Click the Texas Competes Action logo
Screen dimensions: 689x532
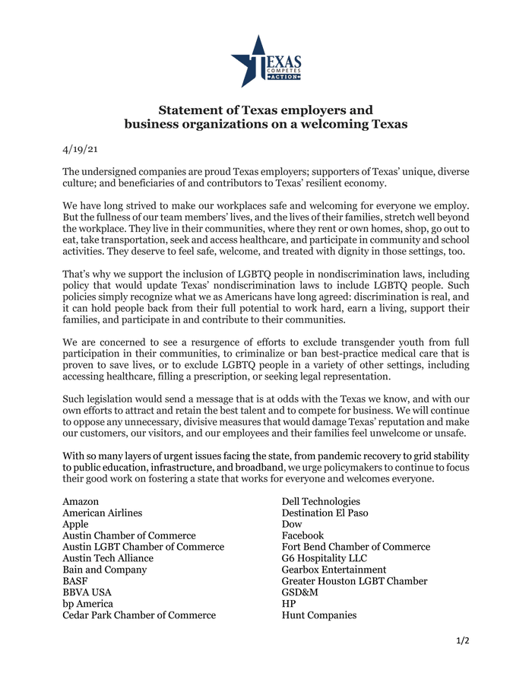(x=266, y=61)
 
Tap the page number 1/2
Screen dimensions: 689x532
(x=463, y=640)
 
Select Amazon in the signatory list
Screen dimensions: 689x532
(x=81, y=502)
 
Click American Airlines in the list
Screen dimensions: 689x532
(x=102, y=513)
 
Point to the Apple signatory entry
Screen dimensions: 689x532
(x=75, y=525)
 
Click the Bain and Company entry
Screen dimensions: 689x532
(x=105, y=570)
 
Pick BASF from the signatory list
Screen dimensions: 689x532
(x=75, y=581)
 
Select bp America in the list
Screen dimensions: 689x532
(x=87, y=604)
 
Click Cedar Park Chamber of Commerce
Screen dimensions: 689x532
(x=139, y=615)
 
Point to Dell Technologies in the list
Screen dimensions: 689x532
(x=321, y=502)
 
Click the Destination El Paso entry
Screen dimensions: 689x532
(x=325, y=513)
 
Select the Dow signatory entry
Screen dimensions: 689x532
(x=292, y=525)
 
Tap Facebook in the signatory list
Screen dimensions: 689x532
(x=302, y=536)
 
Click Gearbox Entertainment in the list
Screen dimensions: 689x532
(x=334, y=570)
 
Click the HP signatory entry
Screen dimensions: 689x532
(x=289, y=604)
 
